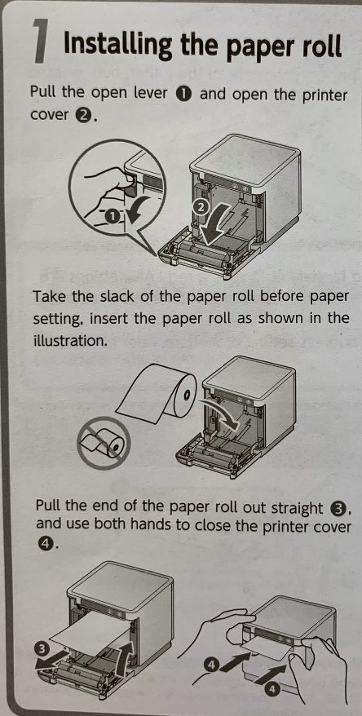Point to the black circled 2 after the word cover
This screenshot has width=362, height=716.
coord(82,115)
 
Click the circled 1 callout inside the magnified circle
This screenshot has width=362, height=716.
coord(110,216)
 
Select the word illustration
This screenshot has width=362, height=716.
coord(68,341)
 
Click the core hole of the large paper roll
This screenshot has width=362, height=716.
coord(186,393)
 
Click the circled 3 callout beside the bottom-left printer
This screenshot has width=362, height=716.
coord(41,650)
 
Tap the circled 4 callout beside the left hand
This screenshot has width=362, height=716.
coord(210,665)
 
